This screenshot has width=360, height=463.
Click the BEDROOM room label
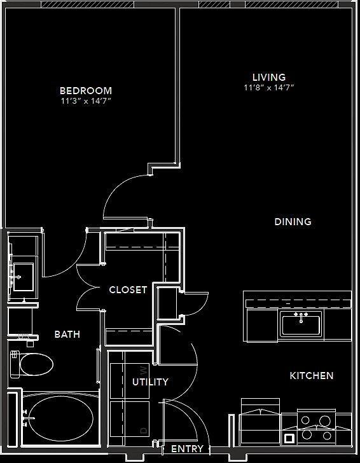click(86, 91)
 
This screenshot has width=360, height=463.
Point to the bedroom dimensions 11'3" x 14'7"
click(86, 101)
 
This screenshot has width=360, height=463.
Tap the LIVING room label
click(268, 78)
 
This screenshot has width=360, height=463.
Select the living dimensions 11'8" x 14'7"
click(268, 88)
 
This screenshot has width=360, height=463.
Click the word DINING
click(293, 222)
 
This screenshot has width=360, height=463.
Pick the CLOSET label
click(128, 290)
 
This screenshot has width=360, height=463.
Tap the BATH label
click(67, 334)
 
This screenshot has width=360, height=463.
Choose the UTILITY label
click(150, 382)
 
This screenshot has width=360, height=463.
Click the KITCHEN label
click(312, 376)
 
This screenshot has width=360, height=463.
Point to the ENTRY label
click(188, 449)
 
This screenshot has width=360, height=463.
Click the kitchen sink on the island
click(301, 323)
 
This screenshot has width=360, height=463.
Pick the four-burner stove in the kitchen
click(317, 427)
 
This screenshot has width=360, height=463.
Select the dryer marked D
click(130, 420)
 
